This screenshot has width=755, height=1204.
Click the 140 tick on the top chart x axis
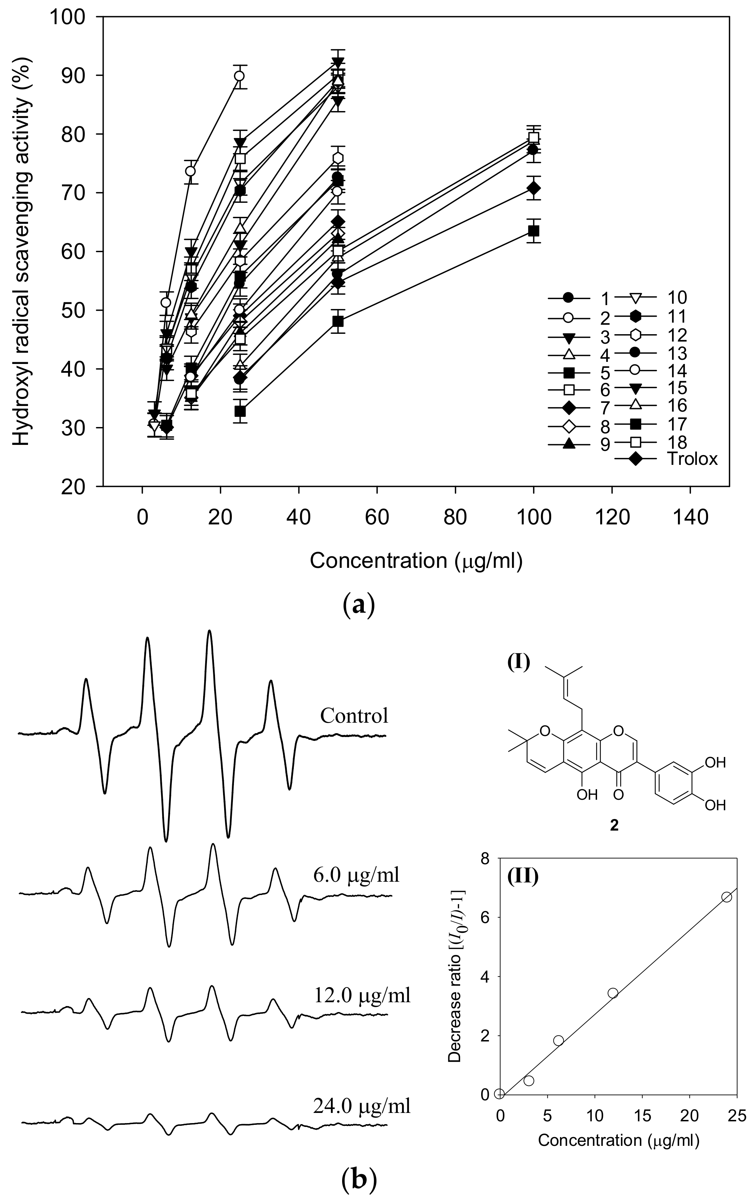click(690, 518)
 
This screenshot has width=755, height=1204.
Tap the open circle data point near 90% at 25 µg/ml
click(239, 76)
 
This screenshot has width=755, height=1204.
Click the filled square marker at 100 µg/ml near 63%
click(533, 231)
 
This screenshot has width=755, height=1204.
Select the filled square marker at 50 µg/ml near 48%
click(338, 321)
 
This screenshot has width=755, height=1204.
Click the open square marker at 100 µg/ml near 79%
click(533, 138)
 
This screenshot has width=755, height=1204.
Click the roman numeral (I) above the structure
click(518, 663)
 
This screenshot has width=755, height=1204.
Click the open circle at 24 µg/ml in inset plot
click(727, 897)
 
